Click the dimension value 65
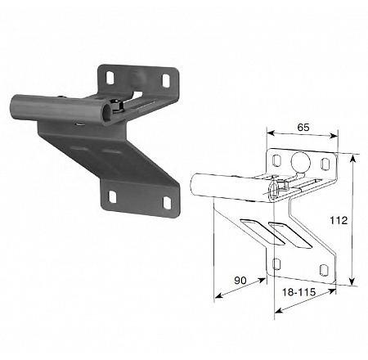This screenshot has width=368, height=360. tap(303, 128)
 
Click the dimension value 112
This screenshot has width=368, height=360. tap(339, 220)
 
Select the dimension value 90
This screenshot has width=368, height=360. tap(240, 280)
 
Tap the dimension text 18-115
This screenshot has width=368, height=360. tap(298, 292)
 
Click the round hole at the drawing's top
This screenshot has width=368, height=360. tap(301, 161)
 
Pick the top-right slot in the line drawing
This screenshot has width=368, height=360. tap(325, 164)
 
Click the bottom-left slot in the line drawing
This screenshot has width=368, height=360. tap(276, 264)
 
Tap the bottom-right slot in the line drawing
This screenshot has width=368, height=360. tap(324, 270)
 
